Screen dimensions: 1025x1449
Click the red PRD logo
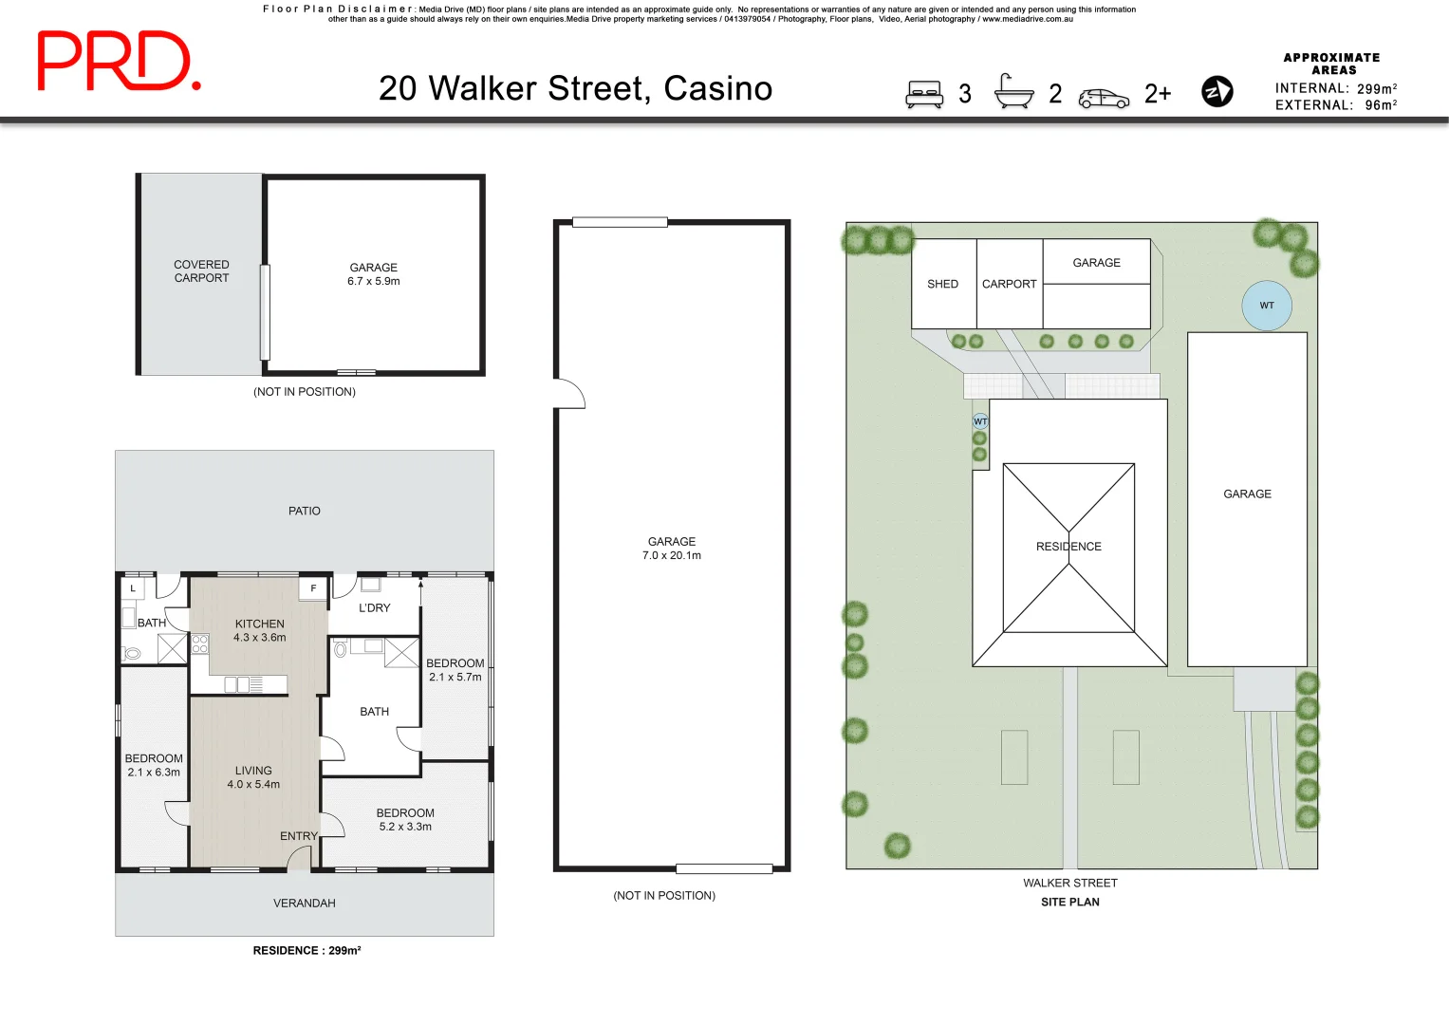[x=118, y=62]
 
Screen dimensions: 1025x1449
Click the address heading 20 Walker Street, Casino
[x=575, y=88]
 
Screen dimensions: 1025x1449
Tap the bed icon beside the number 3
[x=923, y=94]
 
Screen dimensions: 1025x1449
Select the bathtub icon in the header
[x=1013, y=92]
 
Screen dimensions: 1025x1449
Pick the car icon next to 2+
[x=1104, y=99]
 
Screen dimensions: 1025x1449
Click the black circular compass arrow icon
[x=1217, y=92]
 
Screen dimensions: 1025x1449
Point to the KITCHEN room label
[x=259, y=624]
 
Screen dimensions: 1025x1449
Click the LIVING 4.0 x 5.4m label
[x=253, y=777]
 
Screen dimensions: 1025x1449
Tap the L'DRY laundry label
[x=374, y=608]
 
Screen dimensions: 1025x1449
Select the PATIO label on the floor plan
[x=305, y=511]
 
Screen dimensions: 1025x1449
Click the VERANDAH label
[x=305, y=904]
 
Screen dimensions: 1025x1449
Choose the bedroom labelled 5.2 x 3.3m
[x=405, y=820]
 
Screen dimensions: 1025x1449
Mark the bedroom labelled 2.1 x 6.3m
[x=154, y=765]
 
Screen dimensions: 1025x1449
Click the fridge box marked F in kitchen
[x=313, y=588]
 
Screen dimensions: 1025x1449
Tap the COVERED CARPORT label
[x=201, y=271]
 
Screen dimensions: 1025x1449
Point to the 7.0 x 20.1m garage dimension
[x=672, y=556]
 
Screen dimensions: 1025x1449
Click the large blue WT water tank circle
[x=1267, y=306]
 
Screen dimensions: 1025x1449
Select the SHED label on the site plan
[x=942, y=284]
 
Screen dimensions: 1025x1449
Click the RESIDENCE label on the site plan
[x=1068, y=547]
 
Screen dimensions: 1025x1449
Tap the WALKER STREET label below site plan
[x=1069, y=883]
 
